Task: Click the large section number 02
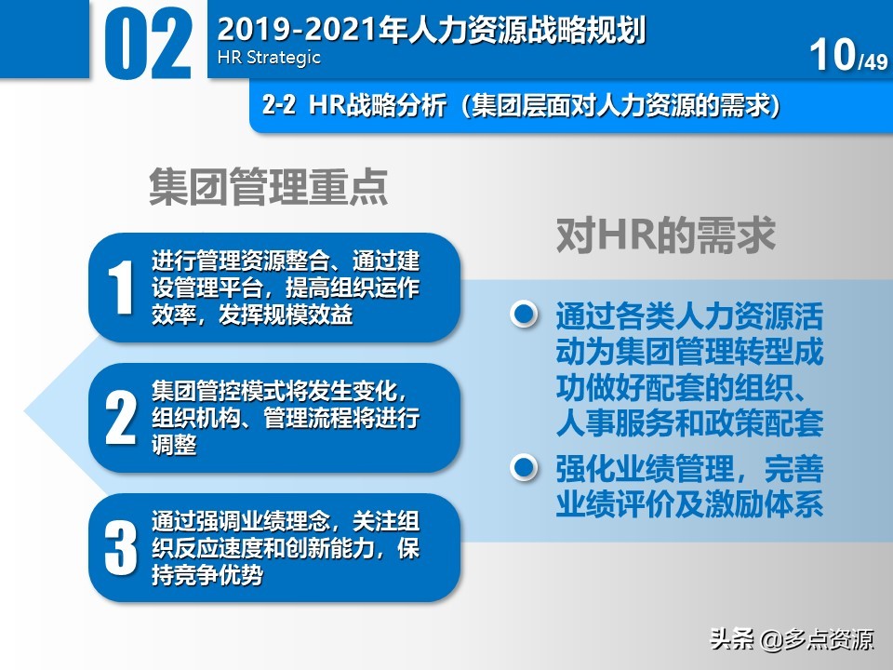148,45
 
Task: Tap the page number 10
832,56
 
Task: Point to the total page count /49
873,62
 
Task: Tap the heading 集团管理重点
269,187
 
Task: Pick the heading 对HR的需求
665,235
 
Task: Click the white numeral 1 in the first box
121,288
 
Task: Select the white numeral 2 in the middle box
121,419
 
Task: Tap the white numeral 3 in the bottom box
121,548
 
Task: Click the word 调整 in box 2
174,445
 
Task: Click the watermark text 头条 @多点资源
792,639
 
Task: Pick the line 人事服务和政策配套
689,425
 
